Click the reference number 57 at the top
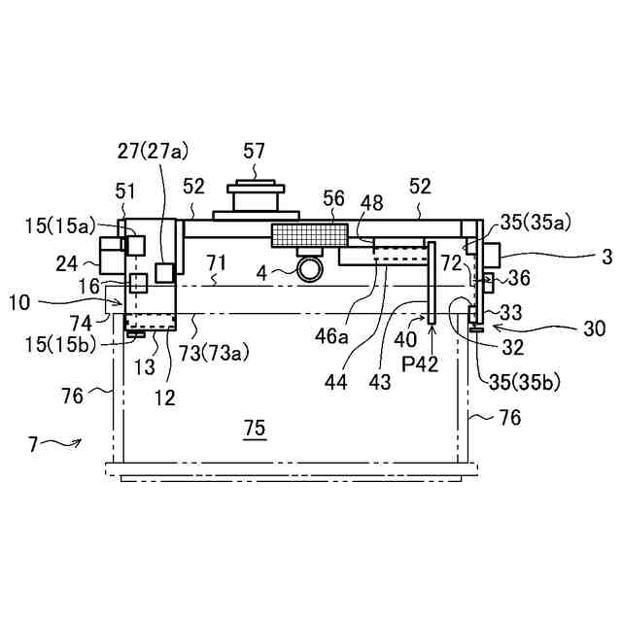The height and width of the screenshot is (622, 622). (255, 151)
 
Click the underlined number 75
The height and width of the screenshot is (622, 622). (255, 428)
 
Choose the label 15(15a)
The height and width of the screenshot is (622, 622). (61, 227)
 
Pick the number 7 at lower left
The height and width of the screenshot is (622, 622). (32, 444)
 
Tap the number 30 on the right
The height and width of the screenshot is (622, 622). (594, 328)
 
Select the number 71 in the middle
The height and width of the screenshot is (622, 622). (216, 262)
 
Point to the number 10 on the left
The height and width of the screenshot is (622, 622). (19, 301)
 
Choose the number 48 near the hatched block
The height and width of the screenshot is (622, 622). (371, 202)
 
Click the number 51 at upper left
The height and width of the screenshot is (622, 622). (125, 190)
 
